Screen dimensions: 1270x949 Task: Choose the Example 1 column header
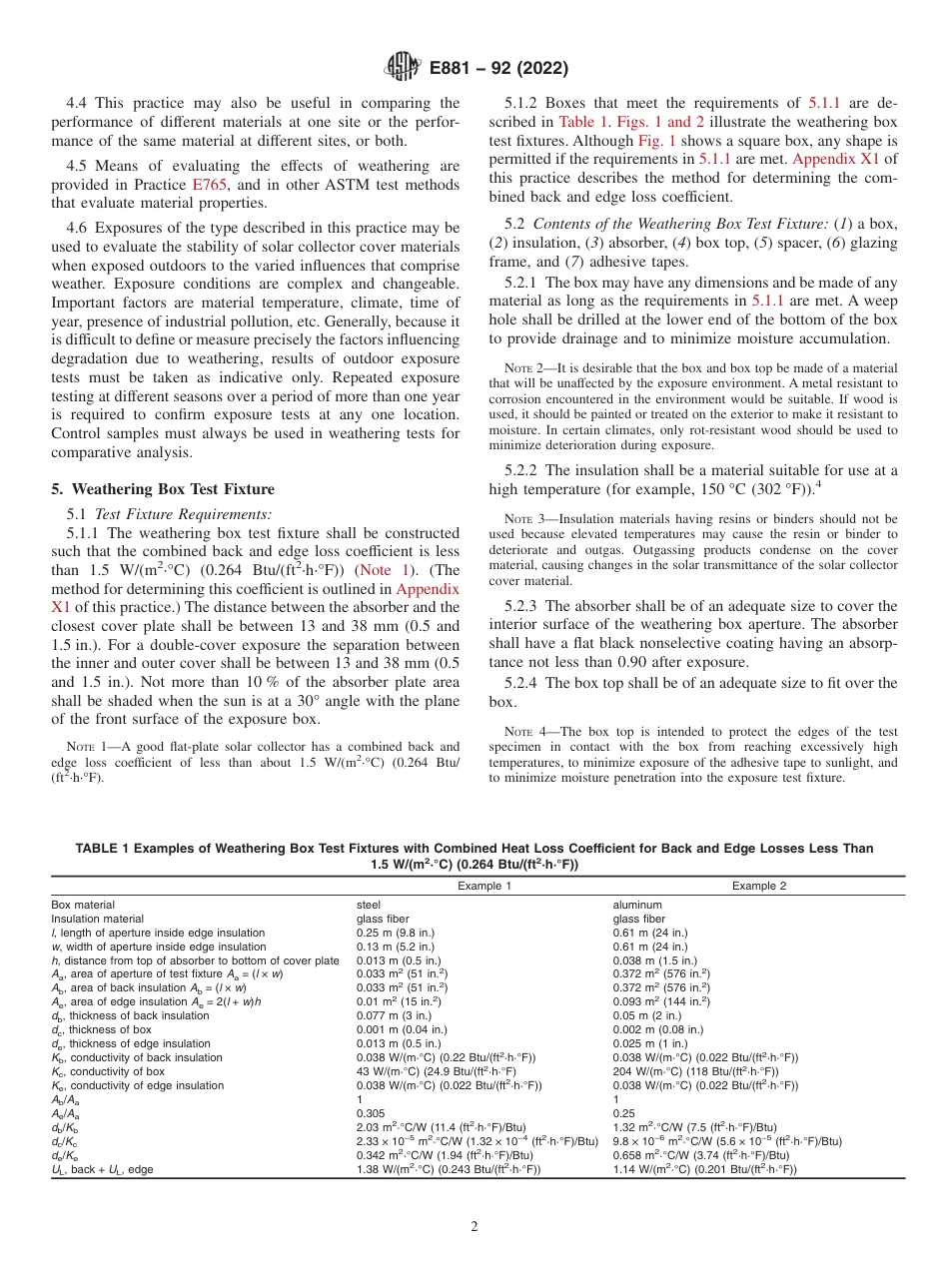[484, 886]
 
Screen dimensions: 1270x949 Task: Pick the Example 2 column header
[759, 886]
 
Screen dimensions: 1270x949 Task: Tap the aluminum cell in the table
[637, 905]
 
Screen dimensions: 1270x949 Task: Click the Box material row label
[83, 905]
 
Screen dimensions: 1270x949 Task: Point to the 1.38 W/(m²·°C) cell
[449, 1169]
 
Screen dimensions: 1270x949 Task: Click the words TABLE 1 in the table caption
[102, 849]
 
